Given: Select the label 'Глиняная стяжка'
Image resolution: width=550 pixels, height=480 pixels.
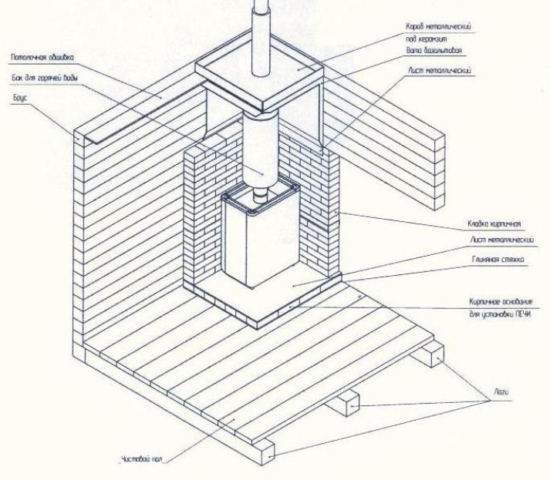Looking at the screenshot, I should pyautogui.click(x=497, y=260).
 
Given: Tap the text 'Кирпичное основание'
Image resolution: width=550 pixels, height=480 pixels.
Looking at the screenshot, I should pyautogui.click(x=502, y=303).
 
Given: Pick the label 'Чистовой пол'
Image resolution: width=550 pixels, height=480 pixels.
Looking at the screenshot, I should pyautogui.click(x=140, y=460).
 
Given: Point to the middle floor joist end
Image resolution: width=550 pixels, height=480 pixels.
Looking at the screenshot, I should pyautogui.click(x=349, y=401).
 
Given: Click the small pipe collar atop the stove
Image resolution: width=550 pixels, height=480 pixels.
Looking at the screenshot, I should pyautogui.click(x=259, y=202).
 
